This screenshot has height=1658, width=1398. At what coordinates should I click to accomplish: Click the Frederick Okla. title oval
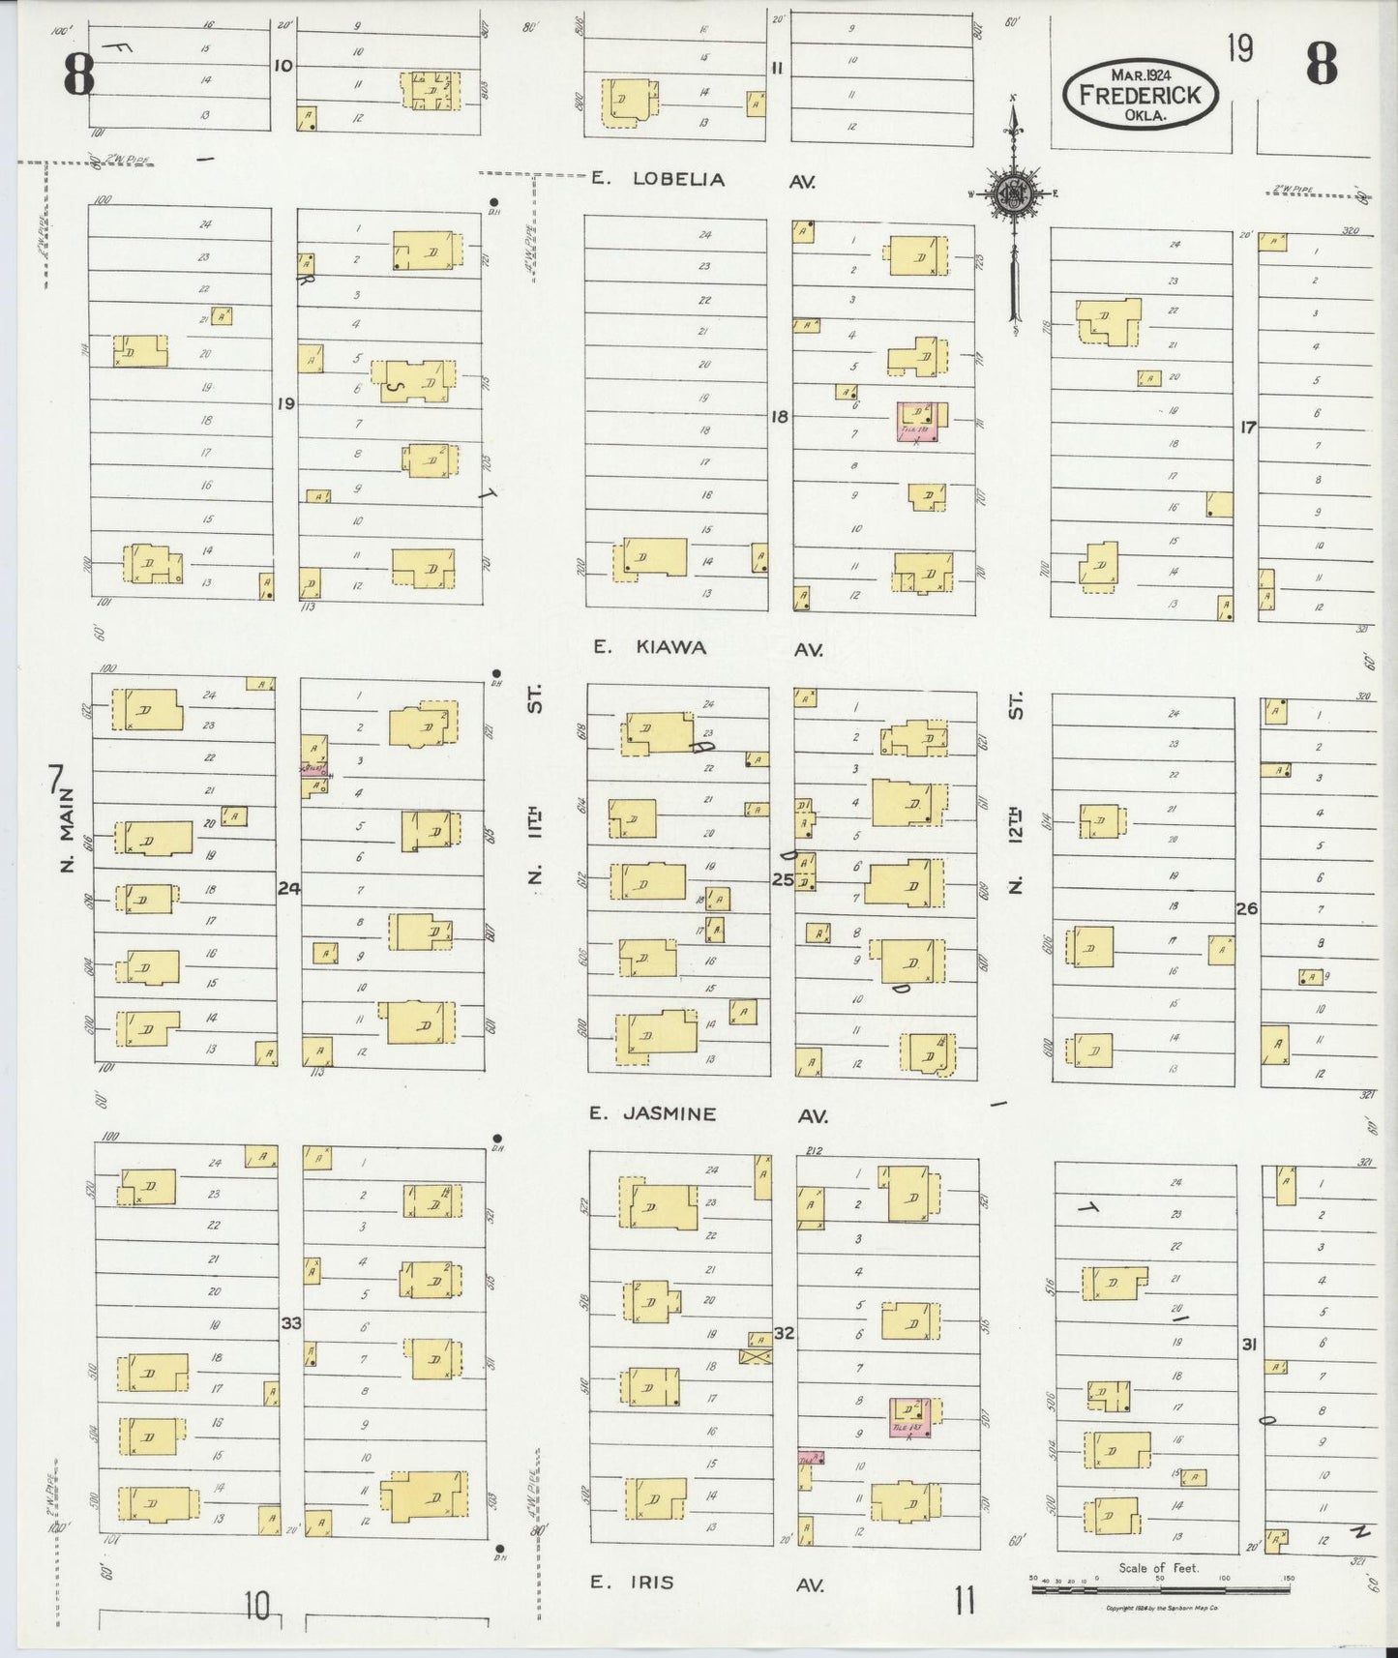(x=1140, y=94)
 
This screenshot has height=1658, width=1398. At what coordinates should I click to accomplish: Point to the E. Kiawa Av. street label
(x=707, y=648)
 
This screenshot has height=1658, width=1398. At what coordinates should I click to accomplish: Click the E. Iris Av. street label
(x=707, y=1583)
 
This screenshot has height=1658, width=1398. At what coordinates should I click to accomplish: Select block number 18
(x=780, y=417)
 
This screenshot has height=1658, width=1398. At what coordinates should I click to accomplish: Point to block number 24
(x=288, y=887)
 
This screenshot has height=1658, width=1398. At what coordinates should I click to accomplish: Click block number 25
(x=782, y=879)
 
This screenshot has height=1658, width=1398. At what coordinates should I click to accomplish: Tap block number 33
(x=291, y=1322)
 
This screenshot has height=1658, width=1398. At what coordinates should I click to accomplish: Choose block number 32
(x=784, y=1333)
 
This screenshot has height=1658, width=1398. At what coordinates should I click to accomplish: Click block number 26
(x=1247, y=908)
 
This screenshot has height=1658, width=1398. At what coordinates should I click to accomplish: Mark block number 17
(x=1248, y=426)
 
